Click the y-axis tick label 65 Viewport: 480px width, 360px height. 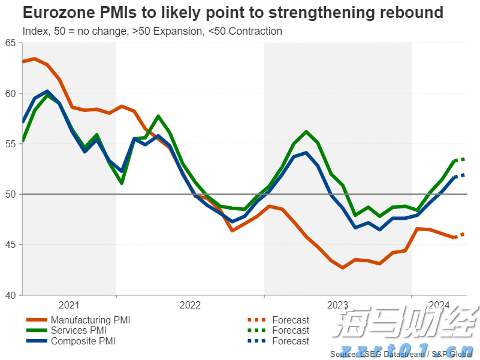(x=10, y=43)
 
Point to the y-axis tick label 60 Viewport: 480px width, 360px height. (x=10, y=93)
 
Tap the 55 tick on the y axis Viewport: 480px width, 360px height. (x=10, y=144)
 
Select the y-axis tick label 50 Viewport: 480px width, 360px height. (x=10, y=194)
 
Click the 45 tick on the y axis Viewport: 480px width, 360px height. (x=10, y=244)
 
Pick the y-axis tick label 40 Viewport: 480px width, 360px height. (x=10, y=295)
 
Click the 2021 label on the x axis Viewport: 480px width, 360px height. (x=69, y=305)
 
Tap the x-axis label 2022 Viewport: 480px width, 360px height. (x=190, y=305)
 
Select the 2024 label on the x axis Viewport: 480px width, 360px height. (x=439, y=305)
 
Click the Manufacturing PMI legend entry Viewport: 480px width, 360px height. (x=90, y=320)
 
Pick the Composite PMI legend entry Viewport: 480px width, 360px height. (x=83, y=341)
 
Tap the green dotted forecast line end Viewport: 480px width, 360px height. (x=466, y=159)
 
